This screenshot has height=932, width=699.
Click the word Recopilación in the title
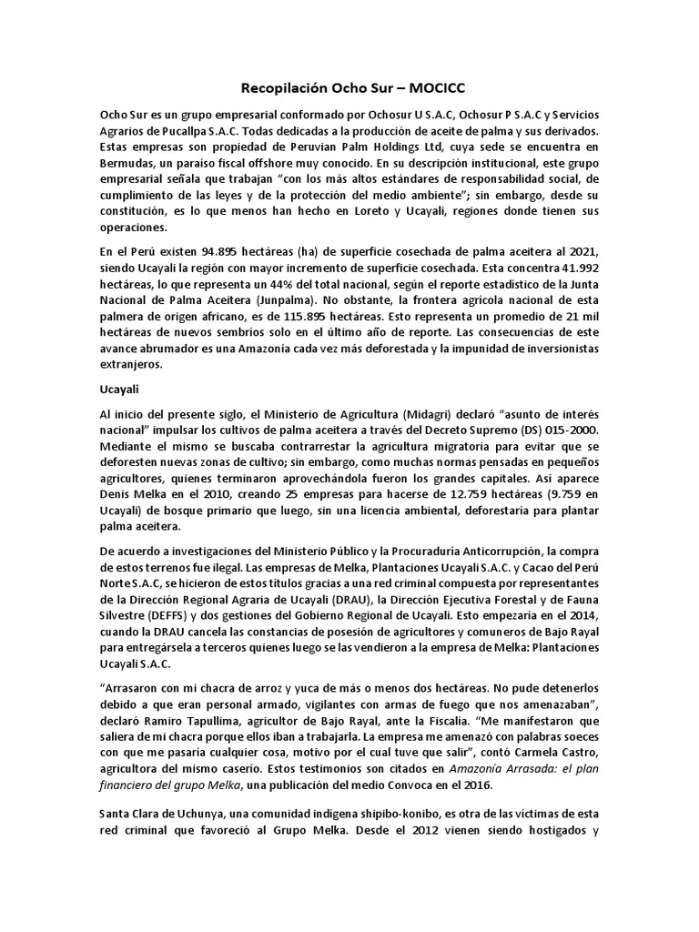(x=286, y=89)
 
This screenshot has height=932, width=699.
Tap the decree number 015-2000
(x=568, y=429)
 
